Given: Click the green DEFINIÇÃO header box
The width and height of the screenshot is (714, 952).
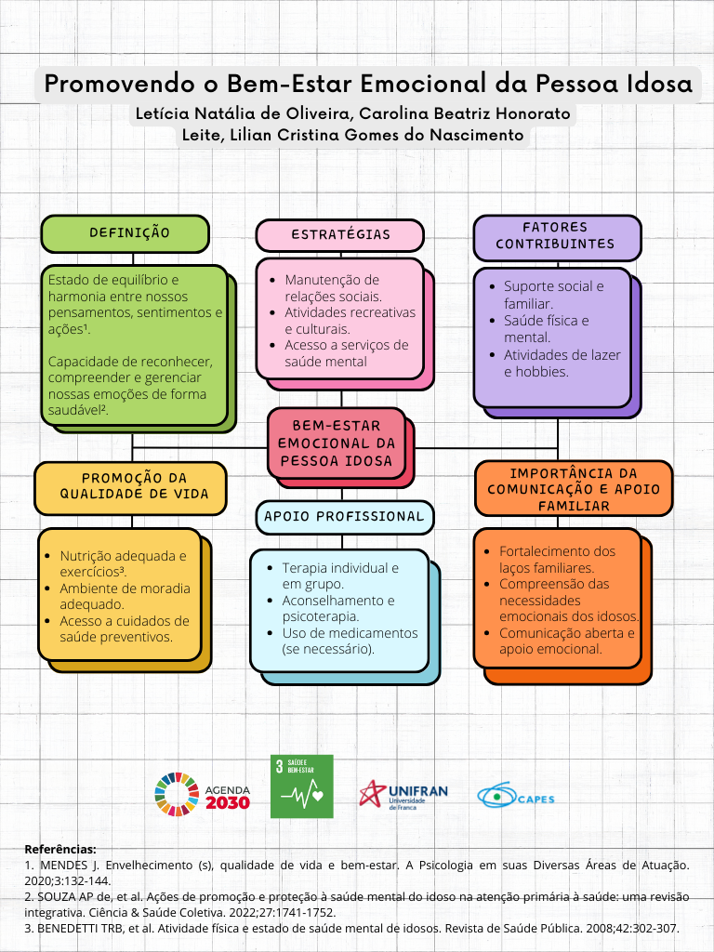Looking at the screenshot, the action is (x=126, y=233).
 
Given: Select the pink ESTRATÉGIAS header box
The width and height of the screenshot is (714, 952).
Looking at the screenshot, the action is (x=340, y=235).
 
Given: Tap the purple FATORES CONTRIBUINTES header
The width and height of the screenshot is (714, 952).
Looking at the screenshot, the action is (x=558, y=238).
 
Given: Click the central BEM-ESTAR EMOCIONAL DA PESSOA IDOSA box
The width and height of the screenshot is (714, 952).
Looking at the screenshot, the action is (x=337, y=443).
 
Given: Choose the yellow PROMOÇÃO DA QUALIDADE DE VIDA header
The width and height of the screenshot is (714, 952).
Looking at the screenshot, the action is (x=130, y=488).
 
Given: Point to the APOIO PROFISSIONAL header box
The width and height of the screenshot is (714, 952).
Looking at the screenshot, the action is (x=344, y=517).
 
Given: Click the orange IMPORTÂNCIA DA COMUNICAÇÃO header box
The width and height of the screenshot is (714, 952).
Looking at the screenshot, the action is (x=574, y=489).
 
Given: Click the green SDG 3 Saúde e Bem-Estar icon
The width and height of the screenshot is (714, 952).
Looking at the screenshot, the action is (x=302, y=787).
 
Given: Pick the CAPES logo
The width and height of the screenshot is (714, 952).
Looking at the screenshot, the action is (x=515, y=796).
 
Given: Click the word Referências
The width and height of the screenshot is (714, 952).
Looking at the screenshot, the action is (x=60, y=850).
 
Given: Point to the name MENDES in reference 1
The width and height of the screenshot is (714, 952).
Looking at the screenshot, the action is (x=64, y=866).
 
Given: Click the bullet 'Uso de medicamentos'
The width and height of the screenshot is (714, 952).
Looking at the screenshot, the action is (x=350, y=641).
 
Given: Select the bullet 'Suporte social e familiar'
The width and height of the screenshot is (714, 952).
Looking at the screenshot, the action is (x=554, y=295).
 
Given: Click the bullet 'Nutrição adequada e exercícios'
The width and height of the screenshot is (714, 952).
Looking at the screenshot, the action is (x=124, y=564).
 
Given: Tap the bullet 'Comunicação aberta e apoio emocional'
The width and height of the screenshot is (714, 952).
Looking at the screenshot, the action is (x=567, y=641).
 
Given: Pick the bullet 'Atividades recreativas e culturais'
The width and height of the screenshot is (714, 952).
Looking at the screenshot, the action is (x=350, y=321).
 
